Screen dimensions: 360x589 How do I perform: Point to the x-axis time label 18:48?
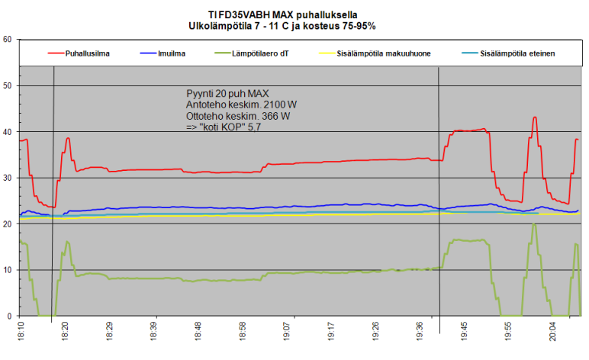click(x=198, y=333)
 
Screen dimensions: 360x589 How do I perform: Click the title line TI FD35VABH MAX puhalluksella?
click(x=282, y=14)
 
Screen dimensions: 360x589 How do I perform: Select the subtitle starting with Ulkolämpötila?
click(x=282, y=25)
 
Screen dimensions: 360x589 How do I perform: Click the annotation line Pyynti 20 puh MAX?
click(x=227, y=93)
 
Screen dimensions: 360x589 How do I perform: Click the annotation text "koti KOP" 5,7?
click(x=227, y=127)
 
